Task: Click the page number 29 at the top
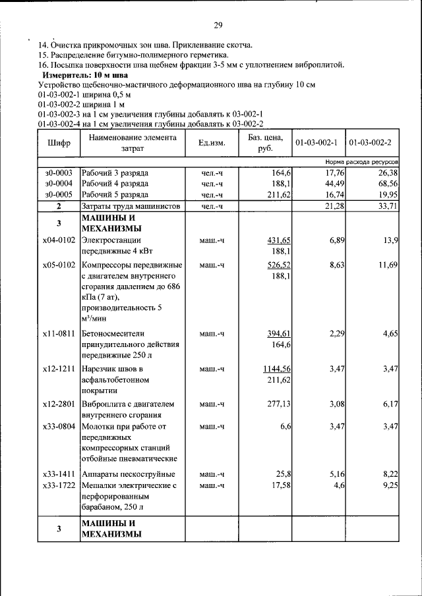coord(218,26)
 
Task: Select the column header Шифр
coord(58,143)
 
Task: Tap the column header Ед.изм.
coord(211,143)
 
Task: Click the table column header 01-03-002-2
coord(370,143)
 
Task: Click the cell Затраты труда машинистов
coord(131,207)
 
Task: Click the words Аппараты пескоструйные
coord(128,474)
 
